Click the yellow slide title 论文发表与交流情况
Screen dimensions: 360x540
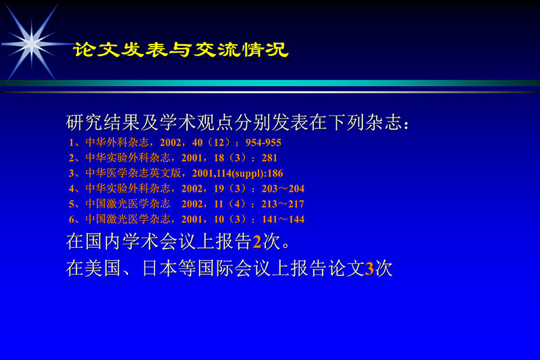point(181,51)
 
